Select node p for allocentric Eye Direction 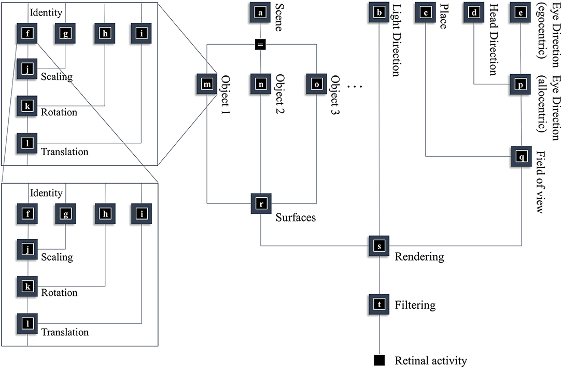[521, 84]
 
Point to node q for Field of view [521, 155]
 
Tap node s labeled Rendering [380, 246]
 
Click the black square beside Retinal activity [380, 360]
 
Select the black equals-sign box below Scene [261, 45]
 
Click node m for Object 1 [207, 84]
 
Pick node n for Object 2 [261, 84]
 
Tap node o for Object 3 [316, 84]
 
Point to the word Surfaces [296, 217]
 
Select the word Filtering [415, 305]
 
